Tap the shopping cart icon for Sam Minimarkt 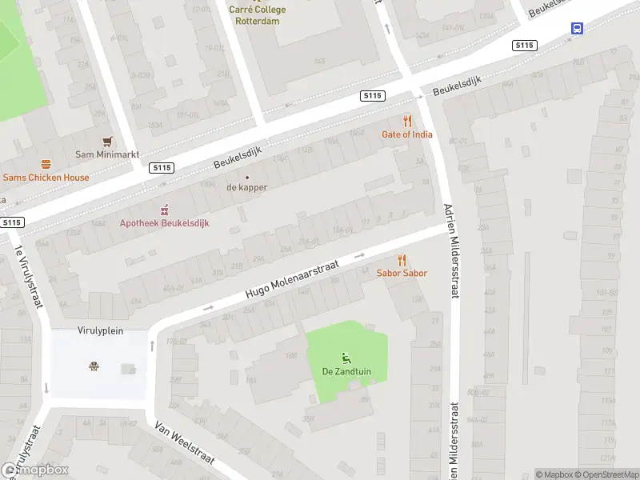tap(107, 141)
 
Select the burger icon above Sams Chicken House tap(46, 164)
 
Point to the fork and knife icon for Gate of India tap(407, 122)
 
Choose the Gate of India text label tap(407, 134)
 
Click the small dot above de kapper tap(246, 178)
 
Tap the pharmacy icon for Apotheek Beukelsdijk tap(165, 210)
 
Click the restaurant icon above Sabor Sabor tap(402, 260)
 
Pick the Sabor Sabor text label tap(402, 273)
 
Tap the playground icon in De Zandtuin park tap(346, 358)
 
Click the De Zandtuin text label tap(346, 371)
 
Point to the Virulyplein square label tap(100, 330)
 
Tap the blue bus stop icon tap(577, 28)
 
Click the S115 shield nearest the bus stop tap(524, 46)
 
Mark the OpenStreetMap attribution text tap(605, 474)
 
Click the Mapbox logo tap(35, 470)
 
